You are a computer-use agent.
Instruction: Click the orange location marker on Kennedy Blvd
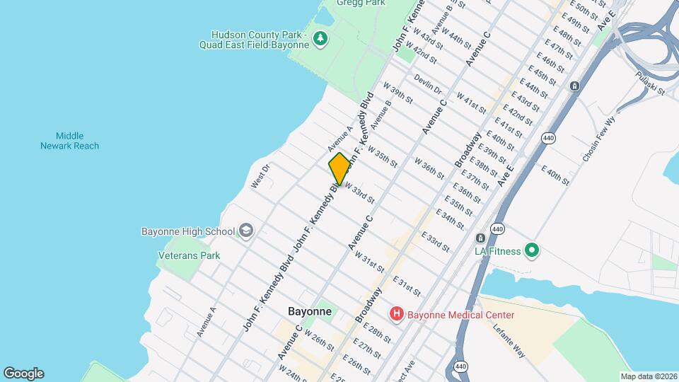coord(339,169)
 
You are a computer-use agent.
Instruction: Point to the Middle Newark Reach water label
coord(69,141)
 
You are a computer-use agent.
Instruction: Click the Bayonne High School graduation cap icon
coord(245,231)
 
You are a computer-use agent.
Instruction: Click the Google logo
coord(23,374)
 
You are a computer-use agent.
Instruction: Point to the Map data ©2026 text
coord(648,376)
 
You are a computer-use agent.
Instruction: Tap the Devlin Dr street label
coord(427,85)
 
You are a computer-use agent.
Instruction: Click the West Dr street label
coord(260,177)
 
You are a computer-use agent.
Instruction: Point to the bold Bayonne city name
coord(310,311)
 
